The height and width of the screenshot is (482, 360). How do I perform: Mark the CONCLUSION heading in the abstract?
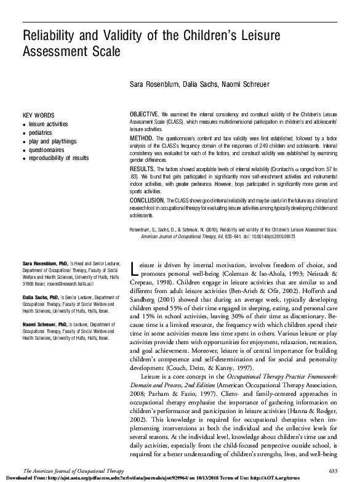[x=147, y=201]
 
